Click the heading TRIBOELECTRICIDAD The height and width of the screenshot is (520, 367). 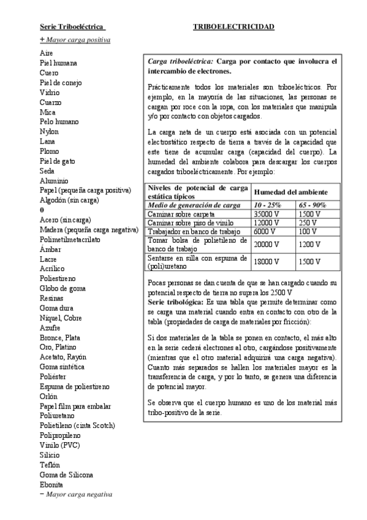(x=233, y=27)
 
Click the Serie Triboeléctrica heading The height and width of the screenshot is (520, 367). (x=72, y=27)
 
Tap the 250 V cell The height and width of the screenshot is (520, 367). (x=308, y=223)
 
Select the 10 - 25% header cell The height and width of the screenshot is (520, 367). (x=268, y=205)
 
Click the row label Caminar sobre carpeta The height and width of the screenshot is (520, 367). (x=181, y=214)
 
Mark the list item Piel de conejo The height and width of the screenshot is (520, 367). (x=61, y=83)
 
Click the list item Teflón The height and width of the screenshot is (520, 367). (x=50, y=465)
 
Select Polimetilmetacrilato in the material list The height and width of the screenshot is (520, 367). (x=70, y=239)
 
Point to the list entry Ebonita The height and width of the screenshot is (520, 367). (x=51, y=484)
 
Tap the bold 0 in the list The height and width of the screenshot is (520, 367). (x=41, y=210)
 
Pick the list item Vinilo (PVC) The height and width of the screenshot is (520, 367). (x=60, y=445)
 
